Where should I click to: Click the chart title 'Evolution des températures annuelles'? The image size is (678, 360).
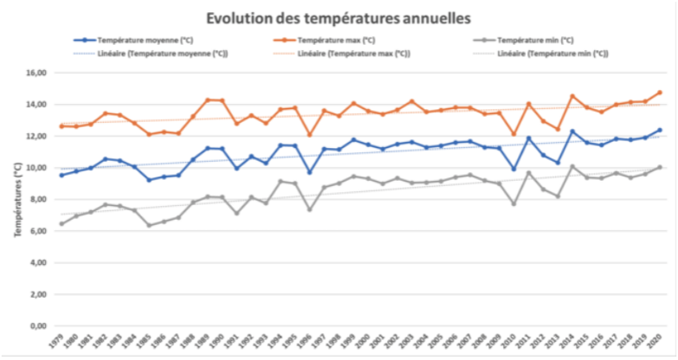339,16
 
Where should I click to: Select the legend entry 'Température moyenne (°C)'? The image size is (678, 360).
138,41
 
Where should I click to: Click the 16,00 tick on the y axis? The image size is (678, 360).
34,73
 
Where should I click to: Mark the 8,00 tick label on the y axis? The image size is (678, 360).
36,200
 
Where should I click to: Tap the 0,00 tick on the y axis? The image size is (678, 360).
36,326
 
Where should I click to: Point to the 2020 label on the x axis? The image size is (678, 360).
659,344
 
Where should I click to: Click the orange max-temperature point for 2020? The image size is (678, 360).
659,93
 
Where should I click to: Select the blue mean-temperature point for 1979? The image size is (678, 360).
61,175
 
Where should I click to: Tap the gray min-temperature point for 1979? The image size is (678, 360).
61,224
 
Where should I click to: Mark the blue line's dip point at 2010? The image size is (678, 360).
513,169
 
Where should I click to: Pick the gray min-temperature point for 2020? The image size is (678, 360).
659,167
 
